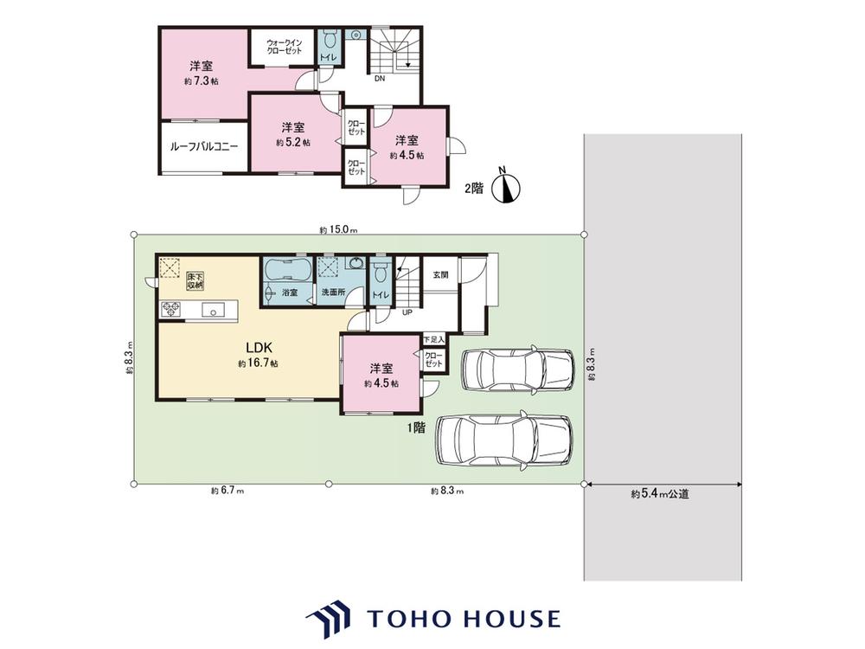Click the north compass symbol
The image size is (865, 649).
tap(505, 187)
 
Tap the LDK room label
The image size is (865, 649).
tap(259, 348)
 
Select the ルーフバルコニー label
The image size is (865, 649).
tap(203, 147)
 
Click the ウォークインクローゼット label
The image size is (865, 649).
tap(284, 47)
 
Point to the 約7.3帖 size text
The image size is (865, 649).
tap(201, 81)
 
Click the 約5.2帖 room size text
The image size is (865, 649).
tap(293, 142)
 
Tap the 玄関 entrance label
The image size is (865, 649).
tap(440, 275)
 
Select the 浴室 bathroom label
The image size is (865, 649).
tap(290, 293)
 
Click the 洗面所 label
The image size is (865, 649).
tap(333, 292)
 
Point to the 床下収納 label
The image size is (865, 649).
tap(195, 280)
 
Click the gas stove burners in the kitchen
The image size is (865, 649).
tap(171, 309)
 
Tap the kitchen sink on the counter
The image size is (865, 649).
tap(212, 310)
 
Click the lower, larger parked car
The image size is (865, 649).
tap(503, 440)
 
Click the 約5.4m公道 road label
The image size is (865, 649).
tap(660, 494)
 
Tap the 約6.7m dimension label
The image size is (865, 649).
tap(227, 491)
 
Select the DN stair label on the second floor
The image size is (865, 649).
tap(380, 79)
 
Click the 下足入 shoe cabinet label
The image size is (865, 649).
tap(434, 339)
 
